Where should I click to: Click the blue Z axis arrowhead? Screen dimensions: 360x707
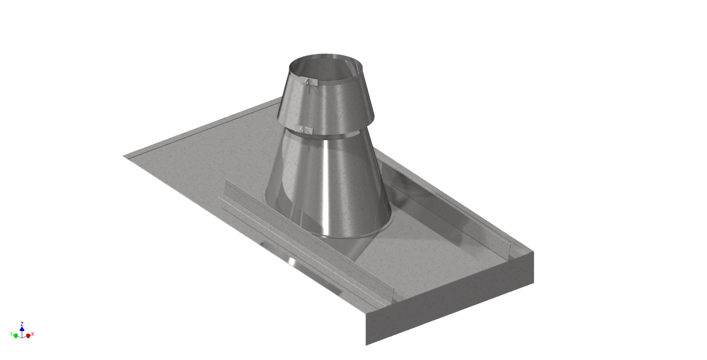(22, 329)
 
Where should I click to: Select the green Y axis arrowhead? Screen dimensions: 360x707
(15, 335)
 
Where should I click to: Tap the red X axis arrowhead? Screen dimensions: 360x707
(28, 335)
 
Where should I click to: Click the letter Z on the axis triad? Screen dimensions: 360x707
(22, 324)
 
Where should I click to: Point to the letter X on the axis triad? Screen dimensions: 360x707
(33, 334)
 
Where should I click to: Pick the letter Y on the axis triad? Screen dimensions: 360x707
(11, 334)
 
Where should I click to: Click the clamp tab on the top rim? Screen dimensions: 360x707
(309, 82)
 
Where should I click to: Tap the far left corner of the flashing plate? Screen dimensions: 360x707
(124, 156)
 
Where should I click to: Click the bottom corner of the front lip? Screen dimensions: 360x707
(366, 345)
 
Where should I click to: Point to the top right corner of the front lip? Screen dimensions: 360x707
(534, 252)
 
